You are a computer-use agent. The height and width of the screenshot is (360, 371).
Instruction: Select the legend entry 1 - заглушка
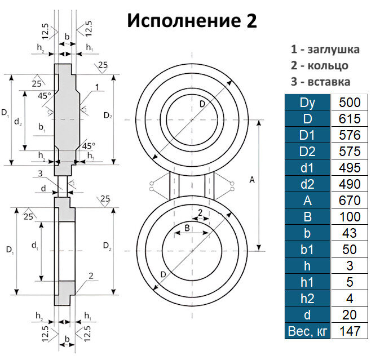[x=325, y=50]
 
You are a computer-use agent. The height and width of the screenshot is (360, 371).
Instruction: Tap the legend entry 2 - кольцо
[x=319, y=65]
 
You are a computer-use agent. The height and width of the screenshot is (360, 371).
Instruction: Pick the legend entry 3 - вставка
[x=320, y=81]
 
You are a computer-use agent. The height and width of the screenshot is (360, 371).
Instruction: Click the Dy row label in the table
[x=307, y=103]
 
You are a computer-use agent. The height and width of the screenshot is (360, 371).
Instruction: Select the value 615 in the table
[x=350, y=119]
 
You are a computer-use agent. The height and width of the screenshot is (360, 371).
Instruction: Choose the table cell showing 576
[x=350, y=135]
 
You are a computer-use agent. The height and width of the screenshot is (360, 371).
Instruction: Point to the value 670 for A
[x=350, y=200]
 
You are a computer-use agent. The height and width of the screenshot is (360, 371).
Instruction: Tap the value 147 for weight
[x=350, y=330]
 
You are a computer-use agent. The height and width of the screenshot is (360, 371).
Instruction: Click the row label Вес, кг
[x=307, y=330]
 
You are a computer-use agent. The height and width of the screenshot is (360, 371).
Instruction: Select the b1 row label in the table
[x=307, y=249]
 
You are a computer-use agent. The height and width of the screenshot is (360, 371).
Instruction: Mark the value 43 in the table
[x=350, y=233]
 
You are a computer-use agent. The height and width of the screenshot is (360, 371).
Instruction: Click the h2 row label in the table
[x=307, y=297]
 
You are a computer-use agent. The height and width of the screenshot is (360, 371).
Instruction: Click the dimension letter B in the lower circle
[x=187, y=230]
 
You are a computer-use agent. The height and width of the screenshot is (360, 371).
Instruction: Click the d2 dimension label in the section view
[x=19, y=121]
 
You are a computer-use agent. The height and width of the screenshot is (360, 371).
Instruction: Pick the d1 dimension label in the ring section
[x=34, y=246]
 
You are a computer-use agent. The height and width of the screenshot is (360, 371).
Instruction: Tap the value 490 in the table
[x=350, y=184]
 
